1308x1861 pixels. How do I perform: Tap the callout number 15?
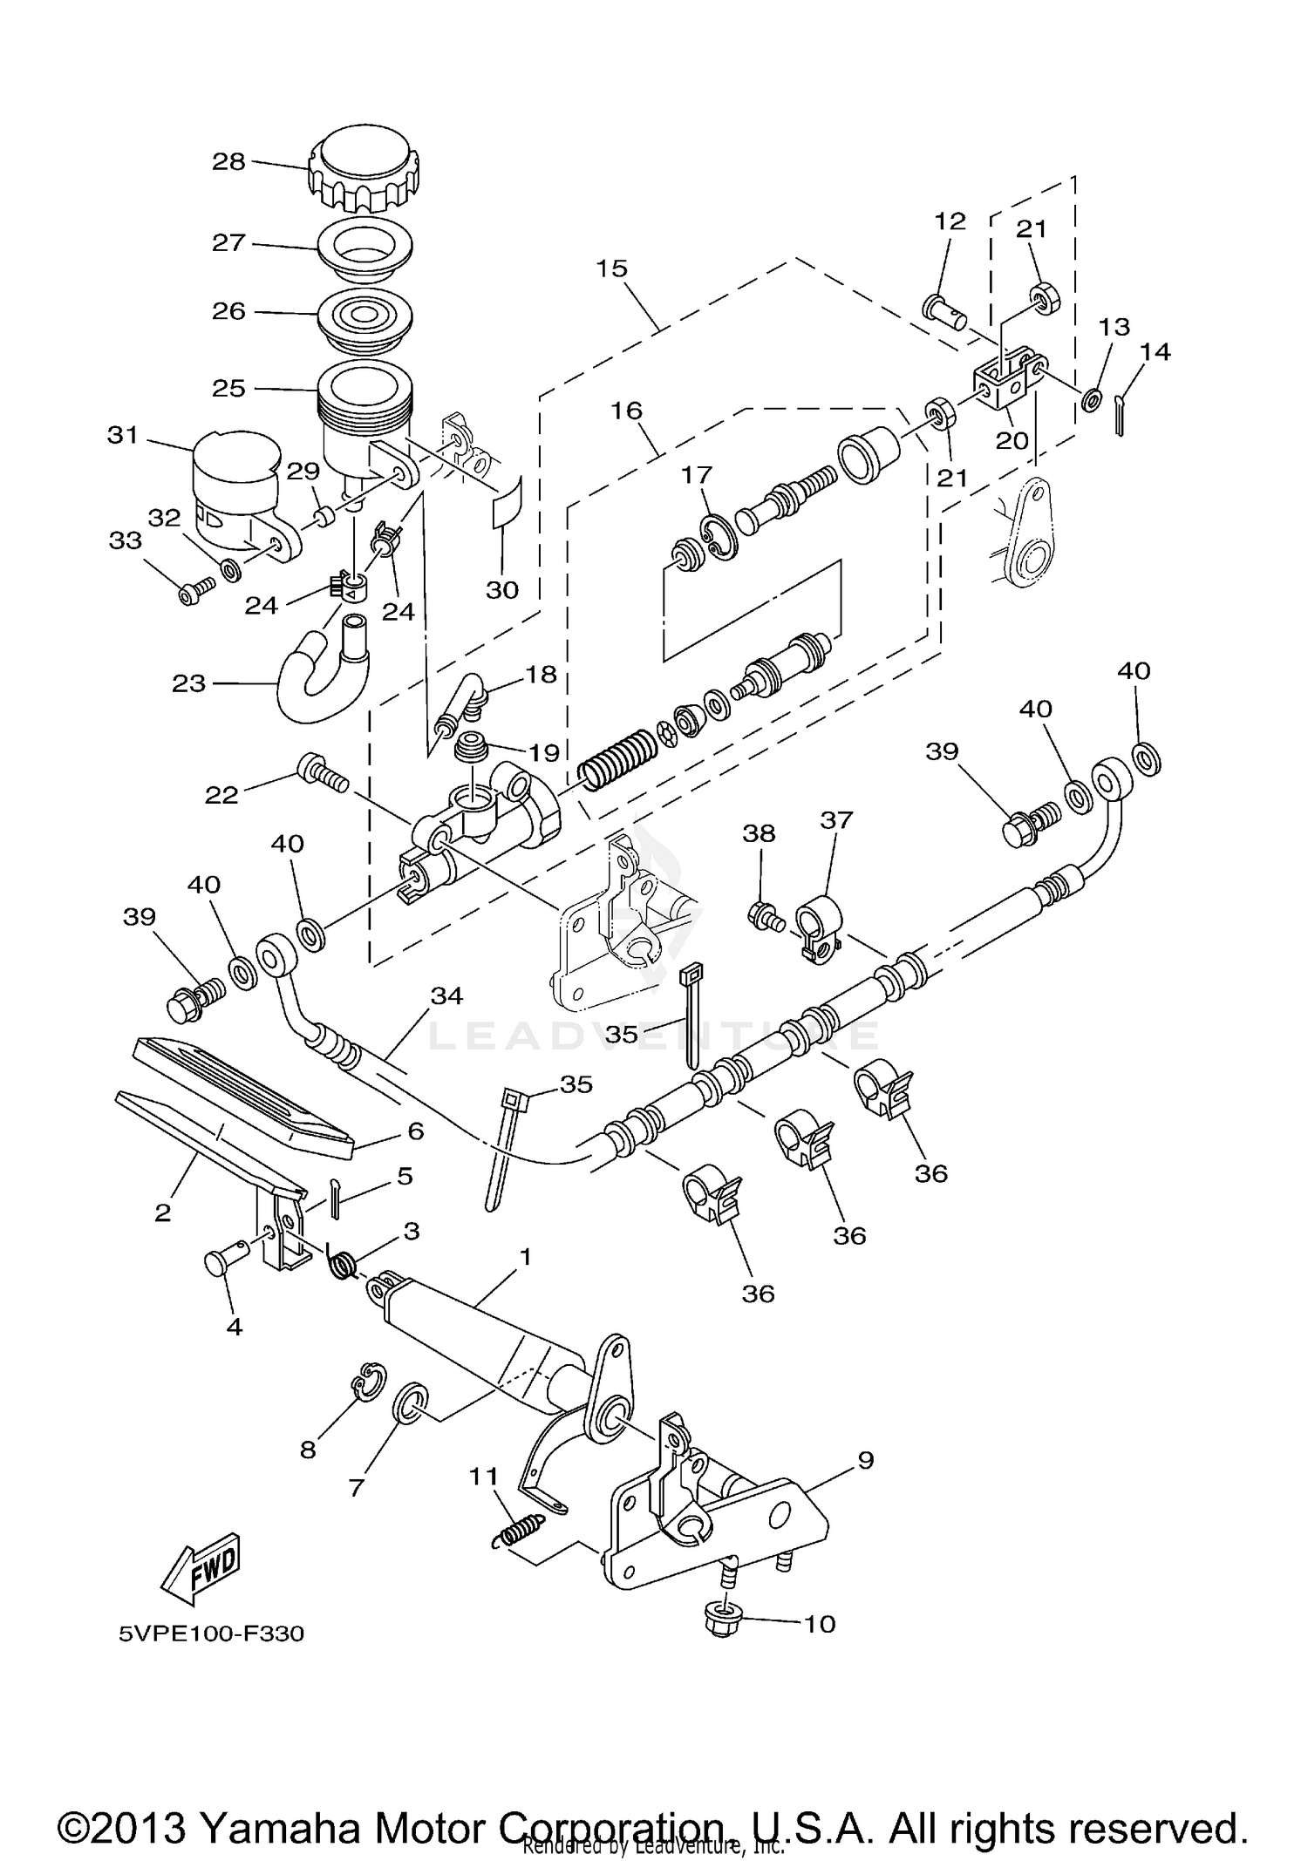click(x=612, y=268)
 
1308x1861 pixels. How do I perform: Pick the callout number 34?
click(x=446, y=995)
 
